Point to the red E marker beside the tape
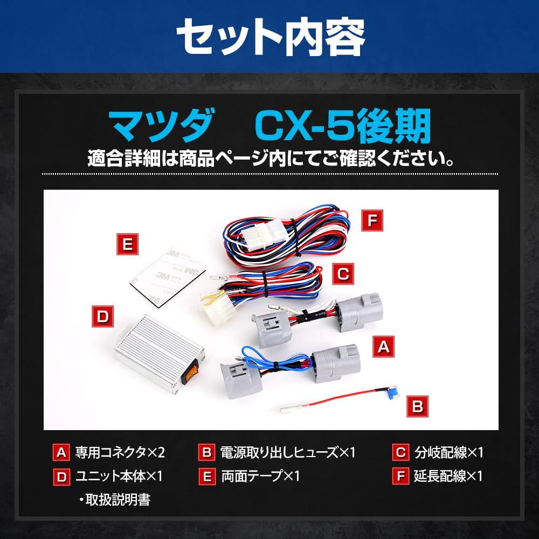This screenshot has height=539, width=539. [128, 244]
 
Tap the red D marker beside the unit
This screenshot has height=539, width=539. [101, 316]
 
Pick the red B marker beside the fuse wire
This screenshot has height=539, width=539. [417, 405]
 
